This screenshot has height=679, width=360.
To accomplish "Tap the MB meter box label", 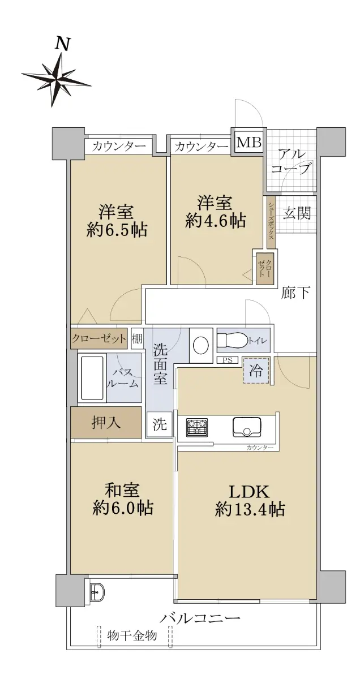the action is (x=249, y=142).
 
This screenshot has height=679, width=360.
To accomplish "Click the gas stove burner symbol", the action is (x=197, y=427).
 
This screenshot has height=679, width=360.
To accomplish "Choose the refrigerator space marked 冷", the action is (x=256, y=371).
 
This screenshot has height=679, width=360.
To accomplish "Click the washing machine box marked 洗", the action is (x=159, y=424).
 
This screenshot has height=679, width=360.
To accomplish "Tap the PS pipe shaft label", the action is (x=228, y=360).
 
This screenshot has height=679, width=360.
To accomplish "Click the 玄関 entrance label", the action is (x=297, y=213).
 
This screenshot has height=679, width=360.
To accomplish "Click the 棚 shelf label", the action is (x=137, y=338).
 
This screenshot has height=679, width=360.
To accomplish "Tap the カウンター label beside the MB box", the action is (x=202, y=147).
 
